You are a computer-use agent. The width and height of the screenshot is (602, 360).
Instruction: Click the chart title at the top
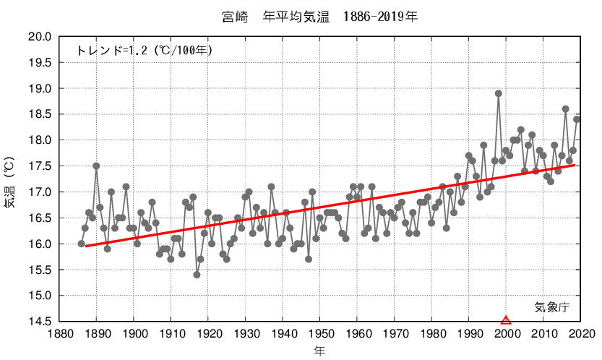[319, 15]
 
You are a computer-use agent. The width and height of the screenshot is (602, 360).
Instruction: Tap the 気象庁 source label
[552, 307]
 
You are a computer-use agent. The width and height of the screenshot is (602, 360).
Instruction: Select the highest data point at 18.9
[499, 93]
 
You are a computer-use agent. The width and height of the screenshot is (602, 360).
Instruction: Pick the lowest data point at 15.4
[197, 275]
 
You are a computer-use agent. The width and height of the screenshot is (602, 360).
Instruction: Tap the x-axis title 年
[320, 351]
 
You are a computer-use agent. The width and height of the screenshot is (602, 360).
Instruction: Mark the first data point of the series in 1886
[82, 244]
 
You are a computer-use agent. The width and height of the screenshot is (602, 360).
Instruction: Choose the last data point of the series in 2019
[577, 119]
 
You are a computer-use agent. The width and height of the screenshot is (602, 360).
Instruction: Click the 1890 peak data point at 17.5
[96, 166]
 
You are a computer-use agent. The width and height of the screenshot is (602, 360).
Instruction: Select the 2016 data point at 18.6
[566, 109]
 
